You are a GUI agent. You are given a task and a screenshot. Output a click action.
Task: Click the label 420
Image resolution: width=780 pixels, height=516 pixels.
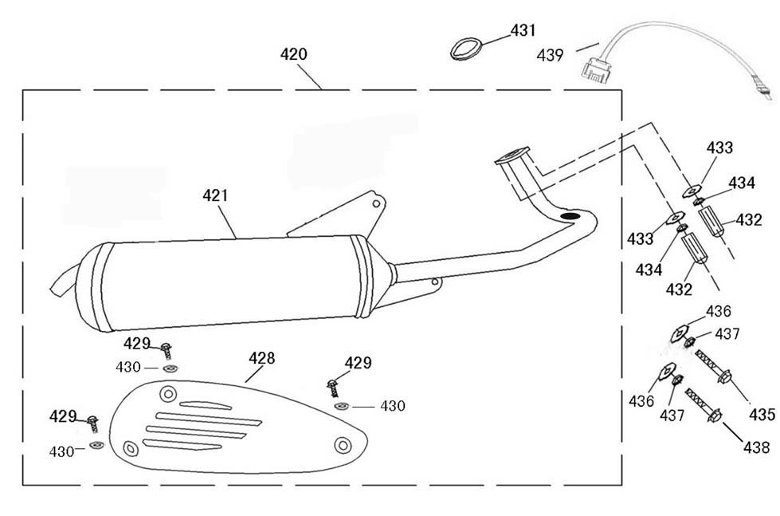(x=294, y=54)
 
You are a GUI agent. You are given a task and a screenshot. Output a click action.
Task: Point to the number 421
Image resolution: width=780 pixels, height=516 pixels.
(x=215, y=195)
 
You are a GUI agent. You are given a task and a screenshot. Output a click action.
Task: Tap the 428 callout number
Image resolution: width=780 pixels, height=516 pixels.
(x=261, y=358)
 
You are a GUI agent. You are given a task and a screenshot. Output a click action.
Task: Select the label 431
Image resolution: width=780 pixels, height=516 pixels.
(x=523, y=30)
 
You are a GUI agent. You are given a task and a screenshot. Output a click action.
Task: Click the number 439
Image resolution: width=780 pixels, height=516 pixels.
(x=551, y=55)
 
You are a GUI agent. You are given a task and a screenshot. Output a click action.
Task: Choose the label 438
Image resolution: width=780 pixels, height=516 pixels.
(x=757, y=448)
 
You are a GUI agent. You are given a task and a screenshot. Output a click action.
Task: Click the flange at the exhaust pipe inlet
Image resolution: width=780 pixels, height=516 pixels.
(x=511, y=156)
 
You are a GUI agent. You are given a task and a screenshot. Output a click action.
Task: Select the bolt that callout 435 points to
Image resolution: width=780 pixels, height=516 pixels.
(x=715, y=368)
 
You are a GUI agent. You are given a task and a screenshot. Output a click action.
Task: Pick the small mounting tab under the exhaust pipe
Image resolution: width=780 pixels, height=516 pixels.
(x=434, y=282)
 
